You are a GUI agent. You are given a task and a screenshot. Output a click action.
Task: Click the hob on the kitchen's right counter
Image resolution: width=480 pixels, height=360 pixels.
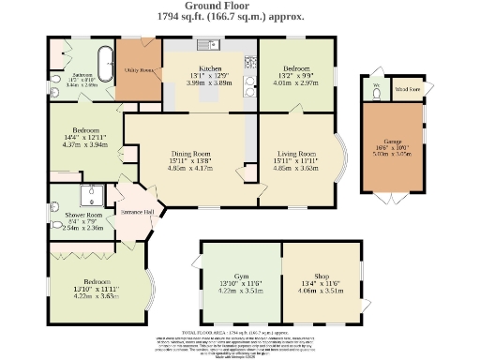click(249, 63)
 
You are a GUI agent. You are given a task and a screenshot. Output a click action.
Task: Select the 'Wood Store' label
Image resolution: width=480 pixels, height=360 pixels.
click(407, 90)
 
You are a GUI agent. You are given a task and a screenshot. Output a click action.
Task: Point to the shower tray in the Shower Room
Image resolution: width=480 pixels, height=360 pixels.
click(91, 196)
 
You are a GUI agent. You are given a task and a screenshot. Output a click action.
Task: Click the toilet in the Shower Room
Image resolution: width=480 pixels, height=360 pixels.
click(56, 225)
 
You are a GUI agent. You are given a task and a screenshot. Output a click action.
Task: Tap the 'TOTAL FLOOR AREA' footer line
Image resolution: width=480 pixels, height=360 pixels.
click(239, 332)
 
